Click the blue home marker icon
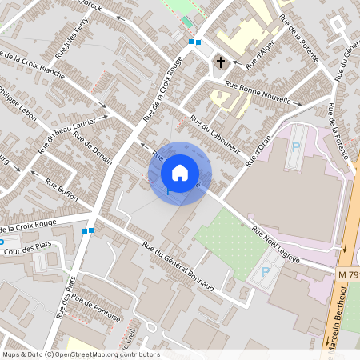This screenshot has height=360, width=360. click(x=180, y=173)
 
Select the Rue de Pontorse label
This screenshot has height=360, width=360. click(x=96, y=307)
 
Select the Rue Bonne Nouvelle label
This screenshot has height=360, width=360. click(x=259, y=94)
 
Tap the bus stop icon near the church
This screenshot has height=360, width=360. click(x=194, y=42)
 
